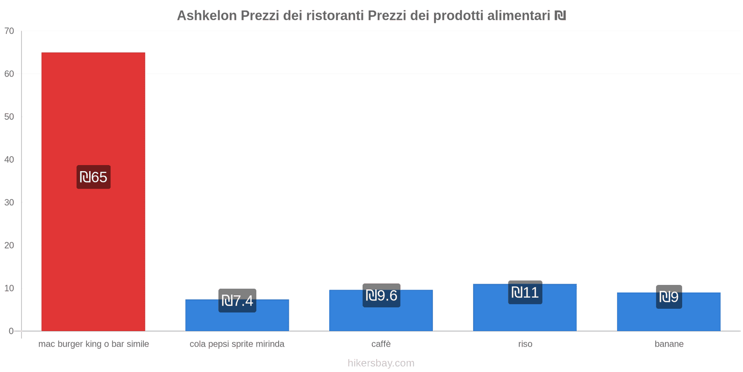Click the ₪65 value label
pos(93,177)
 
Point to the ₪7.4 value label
pos(237,301)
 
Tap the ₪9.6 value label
pos(381,295)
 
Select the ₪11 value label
pos(525,292)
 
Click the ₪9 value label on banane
pos(669,297)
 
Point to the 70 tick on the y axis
pos(9,31)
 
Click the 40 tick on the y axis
pos(9,159)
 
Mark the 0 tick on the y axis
pos(11,331)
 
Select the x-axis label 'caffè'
pos(381,344)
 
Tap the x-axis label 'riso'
pos(525,344)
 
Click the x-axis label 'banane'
pos(669,344)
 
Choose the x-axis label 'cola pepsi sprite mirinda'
pos(237,344)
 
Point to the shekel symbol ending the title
pos(560,16)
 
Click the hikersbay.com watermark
pos(381,363)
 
